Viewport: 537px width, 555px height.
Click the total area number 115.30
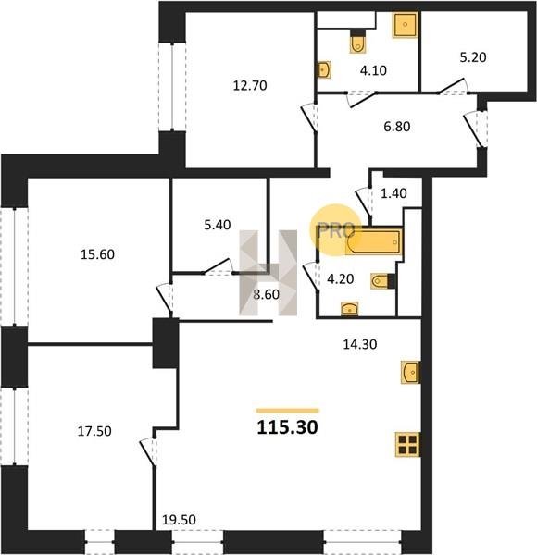pos(287,427)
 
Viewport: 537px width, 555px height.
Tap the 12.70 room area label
pos(250,86)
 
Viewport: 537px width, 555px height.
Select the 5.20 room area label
pos(473,57)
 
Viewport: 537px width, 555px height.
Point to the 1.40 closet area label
pos(393,193)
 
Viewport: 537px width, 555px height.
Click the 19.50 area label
pos(179,520)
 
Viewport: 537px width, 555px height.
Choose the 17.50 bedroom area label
pos(94,431)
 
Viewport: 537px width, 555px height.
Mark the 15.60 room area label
pos(98,254)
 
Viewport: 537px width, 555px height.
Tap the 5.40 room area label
pos(218,225)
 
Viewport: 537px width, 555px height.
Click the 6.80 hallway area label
pos(396,127)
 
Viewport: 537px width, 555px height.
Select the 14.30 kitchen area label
pos(360,344)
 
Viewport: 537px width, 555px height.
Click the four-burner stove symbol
pos(407,444)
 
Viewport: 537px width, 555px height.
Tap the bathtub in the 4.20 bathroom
pos(374,241)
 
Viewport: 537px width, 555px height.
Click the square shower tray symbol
pos(406,24)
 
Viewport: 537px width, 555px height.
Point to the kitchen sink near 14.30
pos(411,372)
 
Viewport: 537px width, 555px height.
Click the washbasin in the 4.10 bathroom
pos(324,70)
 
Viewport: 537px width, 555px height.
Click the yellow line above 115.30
pos(288,411)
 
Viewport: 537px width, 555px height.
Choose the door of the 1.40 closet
pos(364,202)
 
